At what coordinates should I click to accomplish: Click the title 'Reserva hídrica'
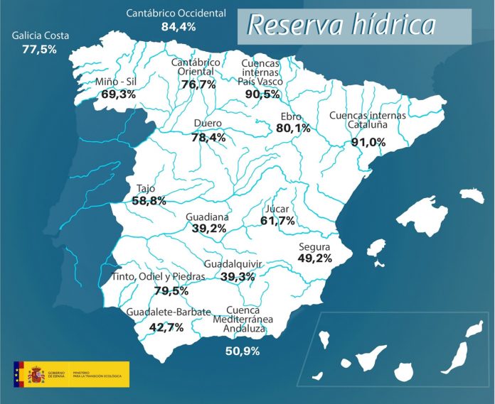[341, 25]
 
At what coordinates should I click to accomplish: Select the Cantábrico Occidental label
[176, 13]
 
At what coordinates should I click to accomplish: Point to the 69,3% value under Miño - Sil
[119, 94]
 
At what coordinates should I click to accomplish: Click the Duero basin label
[207, 124]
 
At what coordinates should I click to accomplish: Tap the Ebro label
[292, 116]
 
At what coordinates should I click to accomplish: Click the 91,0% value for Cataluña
[368, 142]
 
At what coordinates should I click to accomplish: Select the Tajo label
[145, 189]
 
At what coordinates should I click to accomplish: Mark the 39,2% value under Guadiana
[208, 228]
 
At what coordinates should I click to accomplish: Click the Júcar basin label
[277, 209]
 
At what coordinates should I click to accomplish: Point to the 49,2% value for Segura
[314, 258]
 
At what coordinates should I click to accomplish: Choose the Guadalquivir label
[233, 264]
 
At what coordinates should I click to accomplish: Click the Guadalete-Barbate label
[169, 312]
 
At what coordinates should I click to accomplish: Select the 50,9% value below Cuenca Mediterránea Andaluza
[243, 351]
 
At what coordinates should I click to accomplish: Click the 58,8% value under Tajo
[149, 201]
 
